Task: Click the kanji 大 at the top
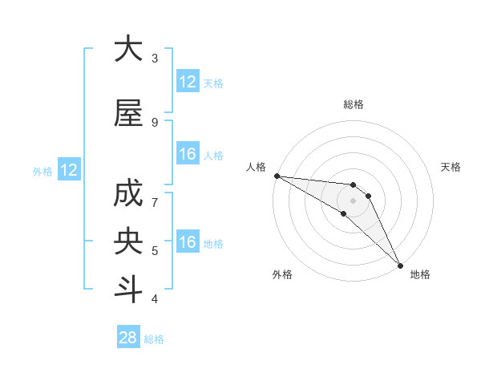click(128, 50)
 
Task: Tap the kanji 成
click(128, 195)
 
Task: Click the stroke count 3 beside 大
click(155, 58)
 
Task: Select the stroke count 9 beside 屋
click(155, 122)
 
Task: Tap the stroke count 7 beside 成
click(155, 202)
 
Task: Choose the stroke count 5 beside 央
click(155, 250)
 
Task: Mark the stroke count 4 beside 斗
click(155, 298)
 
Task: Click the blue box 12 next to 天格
click(188, 82)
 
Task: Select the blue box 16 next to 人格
click(188, 154)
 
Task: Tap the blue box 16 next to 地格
click(188, 242)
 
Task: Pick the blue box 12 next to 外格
click(69, 170)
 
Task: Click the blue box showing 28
click(128, 338)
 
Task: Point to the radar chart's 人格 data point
click(277, 176)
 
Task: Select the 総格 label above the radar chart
click(353, 104)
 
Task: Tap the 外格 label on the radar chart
click(282, 274)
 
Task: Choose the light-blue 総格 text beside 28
click(154, 339)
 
